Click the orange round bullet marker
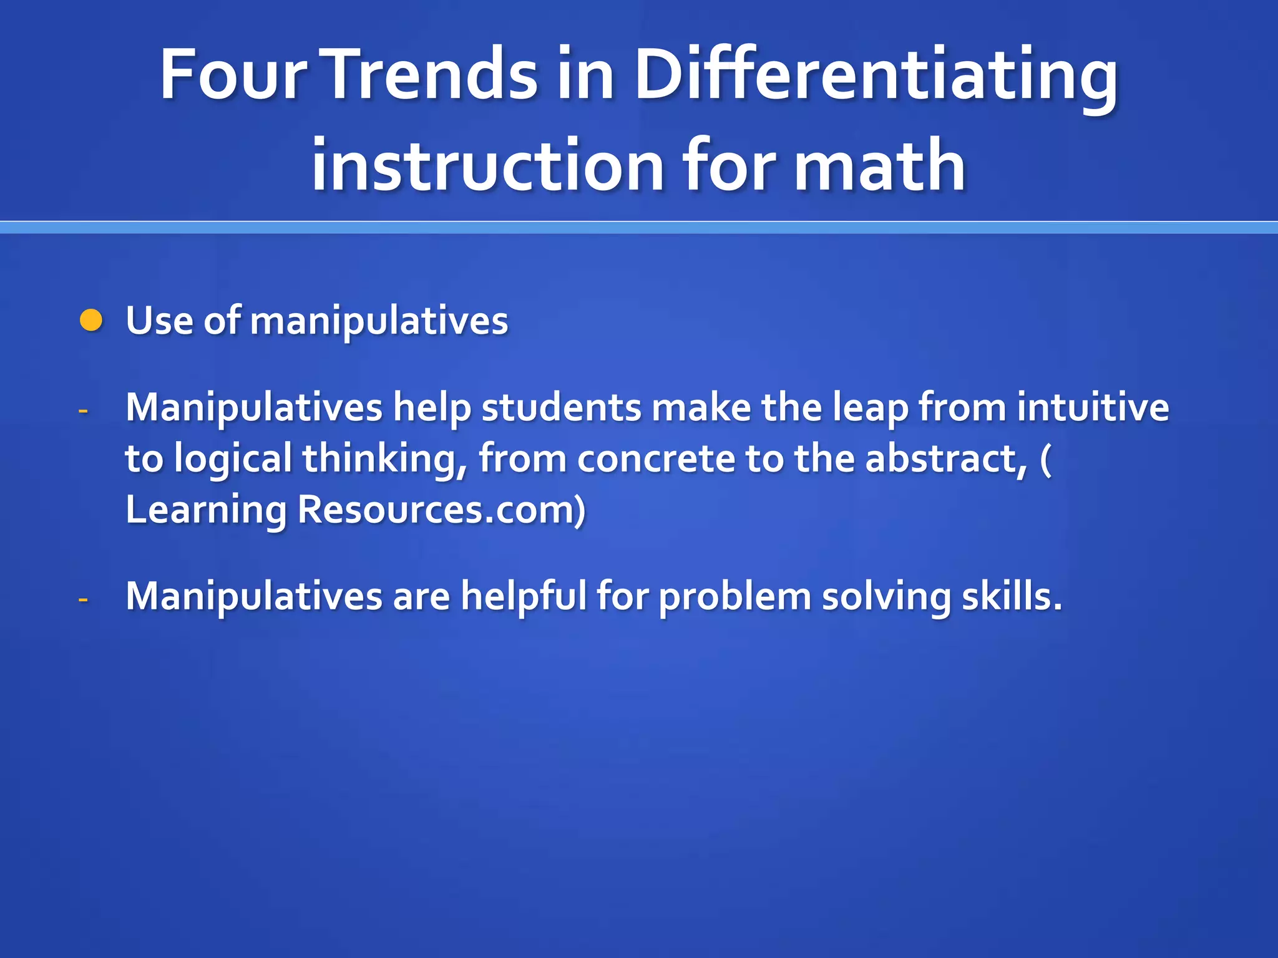[x=91, y=321]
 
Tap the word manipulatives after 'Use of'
[x=379, y=322]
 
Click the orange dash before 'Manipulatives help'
[x=83, y=411]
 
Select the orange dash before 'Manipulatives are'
[x=83, y=600]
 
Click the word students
[x=561, y=408]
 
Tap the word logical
[x=233, y=460]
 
